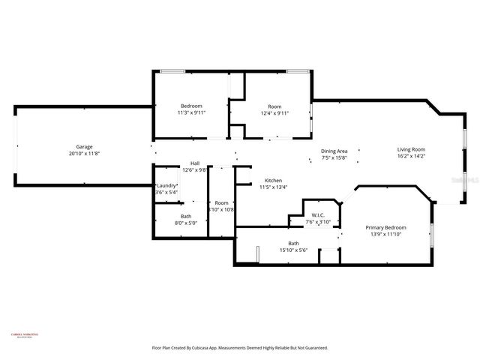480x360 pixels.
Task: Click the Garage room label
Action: pyautogui.click(x=83, y=146)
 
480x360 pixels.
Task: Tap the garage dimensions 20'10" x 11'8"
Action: pyautogui.click(x=83, y=154)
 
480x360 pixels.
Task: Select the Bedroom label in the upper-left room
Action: pyautogui.click(x=191, y=106)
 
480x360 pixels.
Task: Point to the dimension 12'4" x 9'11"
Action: pyautogui.click(x=274, y=113)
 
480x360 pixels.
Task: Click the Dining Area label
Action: pyautogui.click(x=334, y=151)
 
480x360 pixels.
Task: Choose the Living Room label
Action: pyautogui.click(x=411, y=149)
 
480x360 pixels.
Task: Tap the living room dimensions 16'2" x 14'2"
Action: pyautogui.click(x=411, y=157)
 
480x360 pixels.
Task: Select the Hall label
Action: pyautogui.click(x=194, y=163)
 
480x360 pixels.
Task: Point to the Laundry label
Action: pyautogui.click(x=166, y=185)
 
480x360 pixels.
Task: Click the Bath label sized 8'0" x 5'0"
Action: pyautogui.click(x=185, y=216)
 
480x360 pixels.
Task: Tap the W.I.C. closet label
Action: pyautogui.click(x=318, y=215)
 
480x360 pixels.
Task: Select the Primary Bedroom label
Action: pyautogui.click(x=385, y=227)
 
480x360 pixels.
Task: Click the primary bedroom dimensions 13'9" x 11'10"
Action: pyautogui.click(x=385, y=235)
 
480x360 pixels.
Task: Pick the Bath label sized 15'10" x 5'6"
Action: pyautogui.click(x=294, y=243)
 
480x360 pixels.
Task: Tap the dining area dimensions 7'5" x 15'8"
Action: pyautogui.click(x=334, y=158)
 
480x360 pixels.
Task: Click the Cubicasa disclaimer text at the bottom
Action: pyautogui.click(x=240, y=348)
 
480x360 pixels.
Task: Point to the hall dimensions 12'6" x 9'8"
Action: pyautogui.click(x=194, y=170)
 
